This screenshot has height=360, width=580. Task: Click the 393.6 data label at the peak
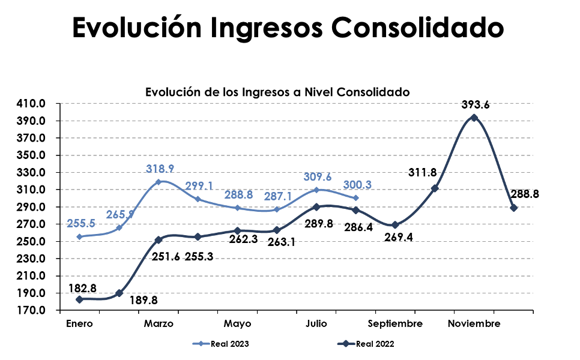click(x=476, y=104)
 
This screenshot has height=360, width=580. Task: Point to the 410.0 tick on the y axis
click(x=31, y=103)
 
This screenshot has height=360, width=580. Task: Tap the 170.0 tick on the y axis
click(x=31, y=311)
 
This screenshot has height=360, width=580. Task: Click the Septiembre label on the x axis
click(x=395, y=324)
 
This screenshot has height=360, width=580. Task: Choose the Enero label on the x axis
click(x=79, y=324)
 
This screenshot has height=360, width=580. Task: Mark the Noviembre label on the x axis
click(x=474, y=324)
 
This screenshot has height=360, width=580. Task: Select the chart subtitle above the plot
click(x=277, y=92)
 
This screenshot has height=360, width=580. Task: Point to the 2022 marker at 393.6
click(x=474, y=118)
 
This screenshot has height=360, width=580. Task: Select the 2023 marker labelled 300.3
click(x=356, y=198)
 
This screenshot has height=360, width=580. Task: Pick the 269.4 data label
click(x=399, y=238)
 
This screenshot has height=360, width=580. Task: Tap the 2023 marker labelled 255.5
click(x=79, y=236)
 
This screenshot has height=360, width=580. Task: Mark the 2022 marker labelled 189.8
click(x=119, y=293)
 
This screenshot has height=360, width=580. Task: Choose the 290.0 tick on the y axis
click(x=31, y=207)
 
